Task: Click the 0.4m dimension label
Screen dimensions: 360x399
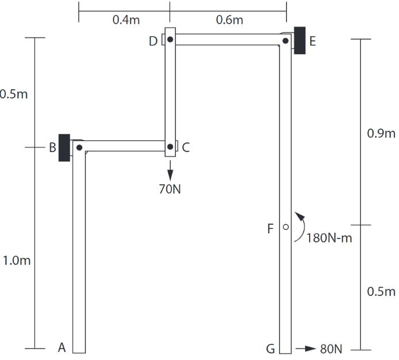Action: coord(126,20)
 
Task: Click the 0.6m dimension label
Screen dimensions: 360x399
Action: coord(229,20)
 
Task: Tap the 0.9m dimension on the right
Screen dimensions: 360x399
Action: coord(381,134)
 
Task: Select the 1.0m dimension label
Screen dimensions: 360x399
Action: coord(17,260)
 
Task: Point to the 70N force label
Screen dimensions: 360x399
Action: coord(170,188)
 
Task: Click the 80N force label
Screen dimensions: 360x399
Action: coord(331,349)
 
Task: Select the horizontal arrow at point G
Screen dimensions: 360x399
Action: coord(306,349)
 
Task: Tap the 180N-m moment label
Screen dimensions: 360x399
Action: coord(329,238)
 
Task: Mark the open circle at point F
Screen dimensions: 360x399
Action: coord(285,228)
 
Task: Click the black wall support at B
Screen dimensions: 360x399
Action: coord(64,147)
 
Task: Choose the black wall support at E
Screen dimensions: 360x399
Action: coord(300,40)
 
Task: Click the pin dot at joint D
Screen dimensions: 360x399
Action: coord(170,40)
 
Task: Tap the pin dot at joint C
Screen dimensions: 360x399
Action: coord(170,147)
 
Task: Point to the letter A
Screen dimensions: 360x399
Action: coord(62,347)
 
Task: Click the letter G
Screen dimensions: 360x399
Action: coord(270,348)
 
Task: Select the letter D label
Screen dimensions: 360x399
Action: coord(153,41)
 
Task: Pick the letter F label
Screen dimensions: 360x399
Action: coord(270,229)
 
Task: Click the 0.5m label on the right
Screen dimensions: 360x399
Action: coord(381,291)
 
